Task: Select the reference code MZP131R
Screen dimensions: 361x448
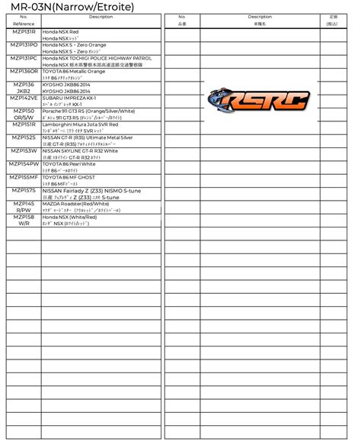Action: [x=24, y=31]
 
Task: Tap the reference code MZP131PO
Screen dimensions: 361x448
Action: [x=24, y=45]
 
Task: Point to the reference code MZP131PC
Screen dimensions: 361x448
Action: [x=24, y=58]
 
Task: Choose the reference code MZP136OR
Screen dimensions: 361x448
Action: [x=24, y=71]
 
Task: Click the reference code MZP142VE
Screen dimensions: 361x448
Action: [x=24, y=98]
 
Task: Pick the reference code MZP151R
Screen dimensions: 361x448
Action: [x=24, y=124]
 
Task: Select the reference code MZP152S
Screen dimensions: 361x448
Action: [x=24, y=137]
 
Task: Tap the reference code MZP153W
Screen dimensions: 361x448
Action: [x=24, y=151]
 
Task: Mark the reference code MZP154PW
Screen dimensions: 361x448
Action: [x=24, y=164]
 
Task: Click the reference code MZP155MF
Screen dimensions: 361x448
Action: [x=24, y=177]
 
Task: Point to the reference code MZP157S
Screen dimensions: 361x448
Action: [x=24, y=191]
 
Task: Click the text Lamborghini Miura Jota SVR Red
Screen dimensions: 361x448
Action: [x=81, y=124]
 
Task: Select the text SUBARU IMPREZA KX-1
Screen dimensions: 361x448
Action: [x=69, y=98]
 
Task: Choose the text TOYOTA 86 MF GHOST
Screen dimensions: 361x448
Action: [x=69, y=177]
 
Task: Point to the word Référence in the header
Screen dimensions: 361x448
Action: [x=24, y=24]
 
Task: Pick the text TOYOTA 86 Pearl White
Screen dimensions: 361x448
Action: [x=69, y=164]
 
